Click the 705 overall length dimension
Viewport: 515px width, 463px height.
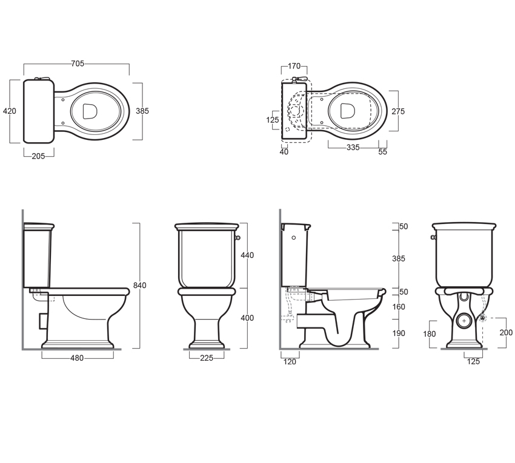tap(78, 64)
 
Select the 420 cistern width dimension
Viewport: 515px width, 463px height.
tap(10, 111)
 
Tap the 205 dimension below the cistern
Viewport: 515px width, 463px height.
tap(38, 156)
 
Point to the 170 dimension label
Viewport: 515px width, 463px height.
tap(294, 67)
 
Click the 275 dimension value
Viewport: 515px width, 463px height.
tap(398, 111)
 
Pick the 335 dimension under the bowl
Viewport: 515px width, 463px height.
tap(353, 148)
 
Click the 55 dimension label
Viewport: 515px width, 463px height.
tap(383, 151)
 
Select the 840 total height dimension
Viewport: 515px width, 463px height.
tap(139, 286)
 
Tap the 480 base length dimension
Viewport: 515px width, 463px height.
tap(77, 358)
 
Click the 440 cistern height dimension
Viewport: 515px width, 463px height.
tap(247, 255)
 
